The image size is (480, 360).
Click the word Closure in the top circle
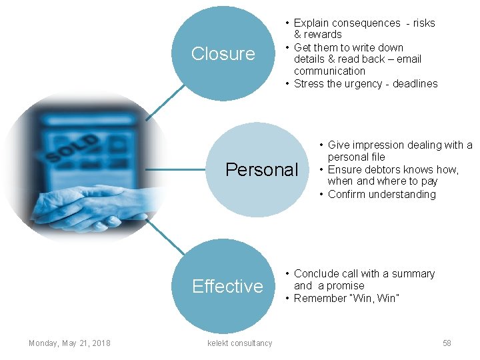pos(223,54)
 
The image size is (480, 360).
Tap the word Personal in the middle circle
pos(261,170)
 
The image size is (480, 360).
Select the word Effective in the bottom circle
pos(227,287)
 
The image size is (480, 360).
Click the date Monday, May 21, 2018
pos(69,343)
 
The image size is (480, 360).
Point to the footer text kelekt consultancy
pos(240,343)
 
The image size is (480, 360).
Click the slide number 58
pos(447,343)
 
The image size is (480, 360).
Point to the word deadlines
pos(415,83)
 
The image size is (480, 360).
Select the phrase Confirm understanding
pos(381,195)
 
